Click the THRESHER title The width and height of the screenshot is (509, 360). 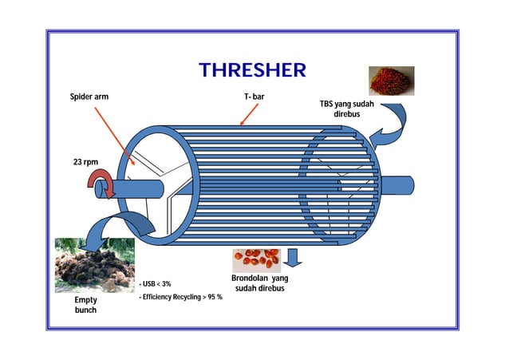point(252,69)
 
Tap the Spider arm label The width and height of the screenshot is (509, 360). point(89,97)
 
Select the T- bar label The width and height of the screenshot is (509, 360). point(254,97)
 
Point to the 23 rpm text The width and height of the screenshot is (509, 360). point(86,163)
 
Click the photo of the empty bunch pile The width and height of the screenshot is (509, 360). point(94,265)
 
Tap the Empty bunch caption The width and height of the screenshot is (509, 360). point(81,305)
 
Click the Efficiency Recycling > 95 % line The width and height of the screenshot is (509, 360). point(180,297)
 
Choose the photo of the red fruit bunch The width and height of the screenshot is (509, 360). point(391,81)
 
